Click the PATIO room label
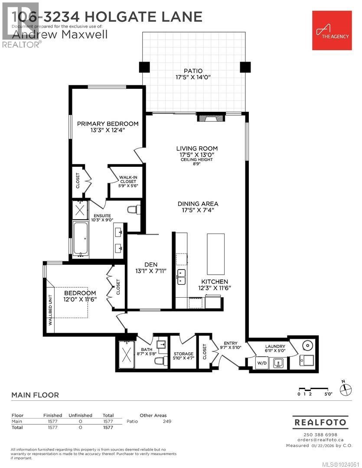point(193,71)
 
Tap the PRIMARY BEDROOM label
point(108,124)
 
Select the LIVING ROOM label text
point(197,149)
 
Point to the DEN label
point(151,264)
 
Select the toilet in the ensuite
point(134,209)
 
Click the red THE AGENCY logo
point(332,30)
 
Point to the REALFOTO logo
point(320,422)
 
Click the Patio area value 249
point(167,421)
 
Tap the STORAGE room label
point(183,354)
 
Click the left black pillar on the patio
point(144,67)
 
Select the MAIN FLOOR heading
point(35,395)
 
